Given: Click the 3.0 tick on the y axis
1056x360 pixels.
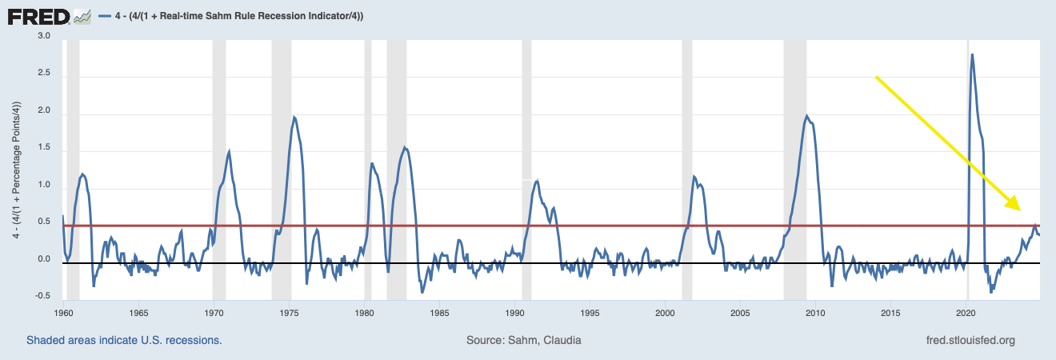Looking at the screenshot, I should [43, 37].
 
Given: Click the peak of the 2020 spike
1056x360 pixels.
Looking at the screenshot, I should [971, 54].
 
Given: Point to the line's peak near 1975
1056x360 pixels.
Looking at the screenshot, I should [294, 118].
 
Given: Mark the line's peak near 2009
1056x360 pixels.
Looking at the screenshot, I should [806, 116].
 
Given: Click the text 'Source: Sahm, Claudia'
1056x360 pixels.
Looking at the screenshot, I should [523, 341].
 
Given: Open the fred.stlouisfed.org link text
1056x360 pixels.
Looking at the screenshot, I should [970, 341].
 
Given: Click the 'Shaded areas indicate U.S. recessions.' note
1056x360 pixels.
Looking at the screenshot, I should [124, 341].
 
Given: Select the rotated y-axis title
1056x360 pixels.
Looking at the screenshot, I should [15, 168].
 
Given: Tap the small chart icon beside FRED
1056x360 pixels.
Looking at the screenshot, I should [82, 15].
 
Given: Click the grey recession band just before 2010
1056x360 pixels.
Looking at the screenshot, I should [795, 160].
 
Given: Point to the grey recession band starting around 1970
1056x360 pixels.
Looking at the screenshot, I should [218, 160].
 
